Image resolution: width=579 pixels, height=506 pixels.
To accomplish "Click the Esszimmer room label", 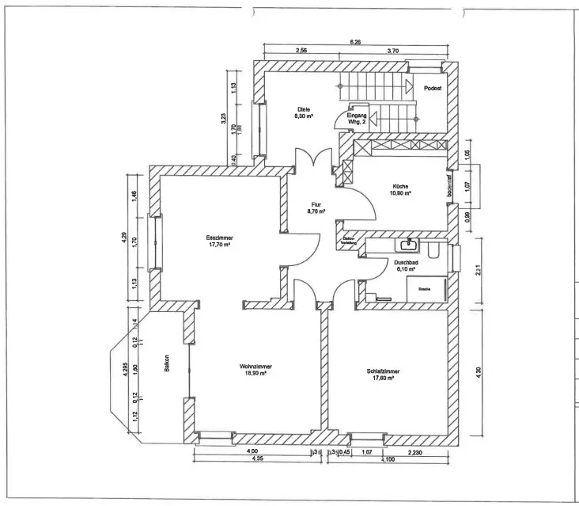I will [x=218, y=237].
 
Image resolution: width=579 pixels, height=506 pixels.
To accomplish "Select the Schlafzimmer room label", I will [x=383, y=371].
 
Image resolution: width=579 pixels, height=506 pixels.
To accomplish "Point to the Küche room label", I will [x=400, y=187].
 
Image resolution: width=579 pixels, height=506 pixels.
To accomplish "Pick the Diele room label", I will [x=303, y=109].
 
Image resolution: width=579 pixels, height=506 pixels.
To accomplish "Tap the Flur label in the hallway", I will [x=315, y=205].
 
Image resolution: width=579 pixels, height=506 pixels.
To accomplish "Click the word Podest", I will [x=432, y=89].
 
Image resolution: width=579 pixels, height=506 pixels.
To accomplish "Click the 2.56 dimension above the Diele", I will [x=301, y=51].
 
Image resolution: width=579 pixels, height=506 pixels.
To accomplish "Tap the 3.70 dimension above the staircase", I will [x=393, y=51].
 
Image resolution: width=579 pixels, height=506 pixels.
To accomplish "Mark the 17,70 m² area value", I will [x=218, y=245].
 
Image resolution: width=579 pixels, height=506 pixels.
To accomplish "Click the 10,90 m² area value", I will [x=400, y=193].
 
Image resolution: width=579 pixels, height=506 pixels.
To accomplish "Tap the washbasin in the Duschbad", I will [x=410, y=245].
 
